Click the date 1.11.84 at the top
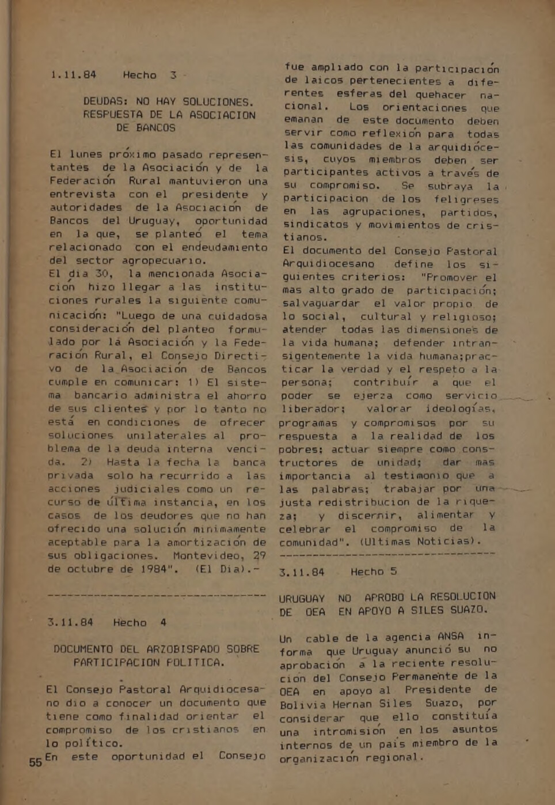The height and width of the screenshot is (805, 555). coord(73,75)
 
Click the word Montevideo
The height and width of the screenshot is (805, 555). coord(207,556)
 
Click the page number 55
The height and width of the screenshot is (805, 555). coord(36,762)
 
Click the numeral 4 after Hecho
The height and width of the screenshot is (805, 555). coord(164,622)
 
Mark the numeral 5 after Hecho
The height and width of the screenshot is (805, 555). coord(394,572)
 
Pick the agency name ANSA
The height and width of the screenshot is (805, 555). coord(450,637)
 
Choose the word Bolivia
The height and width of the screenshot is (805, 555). coord(303,704)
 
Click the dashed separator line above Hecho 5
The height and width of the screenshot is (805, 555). coord(387,554)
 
